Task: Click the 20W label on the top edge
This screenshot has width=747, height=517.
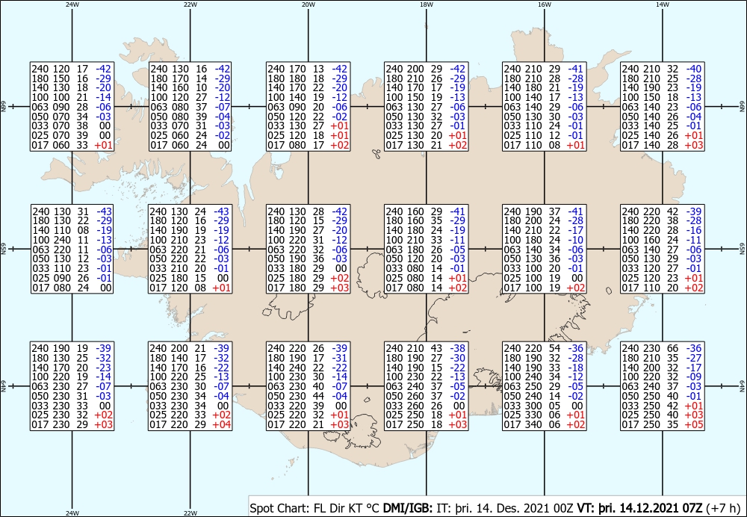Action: pyautogui.click(x=309, y=4)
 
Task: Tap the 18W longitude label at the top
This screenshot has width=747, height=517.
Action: pyautogui.click(x=427, y=4)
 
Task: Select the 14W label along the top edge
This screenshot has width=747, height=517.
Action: pyautogui.click(x=663, y=4)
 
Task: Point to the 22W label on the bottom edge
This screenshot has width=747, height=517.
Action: pyautogui.click(x=190, y=513)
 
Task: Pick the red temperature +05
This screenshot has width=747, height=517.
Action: pyautogui.click(x=694, y=424)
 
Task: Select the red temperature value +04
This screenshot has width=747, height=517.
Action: pyautogui.click(x=222, y=424)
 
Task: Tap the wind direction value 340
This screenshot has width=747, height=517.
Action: pyautogui.click(x=533, y=424)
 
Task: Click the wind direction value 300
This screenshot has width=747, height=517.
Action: pyautogui.click(x=533, y=406)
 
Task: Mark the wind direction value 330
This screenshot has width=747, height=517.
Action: pyautogui.click(x=533, y=415)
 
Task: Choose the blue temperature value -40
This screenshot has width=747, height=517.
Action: pyautogui.click(x=694, y=69)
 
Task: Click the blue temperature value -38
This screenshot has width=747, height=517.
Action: pyautogui.click(x=459, y=348)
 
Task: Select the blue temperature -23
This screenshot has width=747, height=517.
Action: pyautogui.click(x=103, y=368)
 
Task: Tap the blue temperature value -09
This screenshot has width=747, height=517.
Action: pyautogui.click(x=694, y=377)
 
